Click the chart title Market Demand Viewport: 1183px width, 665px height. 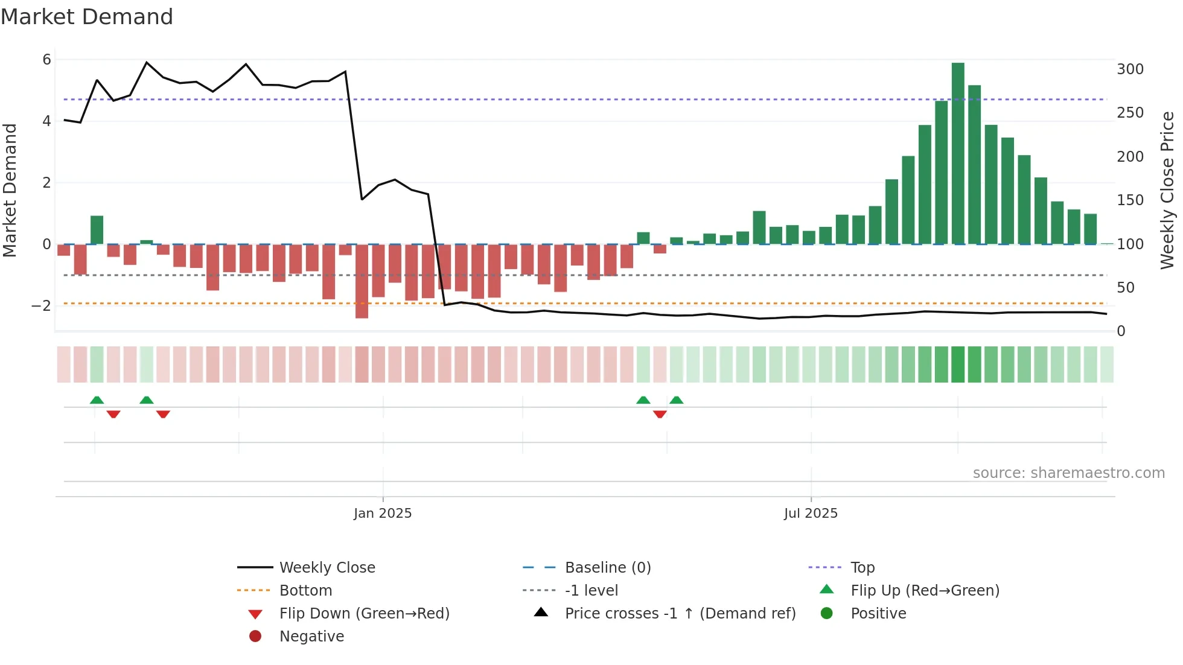pyautogui.click(x=87, y=17)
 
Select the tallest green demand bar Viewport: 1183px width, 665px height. pyautogui.click(x=958, y=153)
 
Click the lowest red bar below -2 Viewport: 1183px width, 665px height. pyautogui.click(x=362, y=281)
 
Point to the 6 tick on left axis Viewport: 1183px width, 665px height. pyautogui.click(x=46, y=59)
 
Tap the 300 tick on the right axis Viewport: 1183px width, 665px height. pyautogui.click(x=1130, y=69)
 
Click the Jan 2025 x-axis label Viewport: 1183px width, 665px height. pyautogui.click(x=383, y=514)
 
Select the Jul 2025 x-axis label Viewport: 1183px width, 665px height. pyautogui.click(x=811, y=514)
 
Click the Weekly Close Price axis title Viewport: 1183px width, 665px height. pyautogui.click(x=1167, y=190)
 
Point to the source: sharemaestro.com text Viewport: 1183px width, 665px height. pyautogui.click(x=1068, y=473)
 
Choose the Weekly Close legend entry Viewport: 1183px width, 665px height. pyautogui.click(x=327, y=568)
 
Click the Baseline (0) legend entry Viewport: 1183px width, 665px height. pyautogui.click(x=608, y=568)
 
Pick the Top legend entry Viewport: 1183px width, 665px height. pyautogui.click(x=863, y=568)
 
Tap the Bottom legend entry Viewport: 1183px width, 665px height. pyautogui.click(x=305, y=591)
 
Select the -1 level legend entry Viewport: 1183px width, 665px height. pyautogui.click(x=591, y=591)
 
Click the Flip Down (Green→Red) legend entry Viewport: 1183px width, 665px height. pyautogui.click(x=364, y=614)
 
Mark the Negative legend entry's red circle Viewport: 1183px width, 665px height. pyautogui.click(x=255, y=637)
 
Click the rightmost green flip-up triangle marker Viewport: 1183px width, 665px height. pyautogui.click(x=677, y=400)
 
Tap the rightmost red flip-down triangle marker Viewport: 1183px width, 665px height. pyautogui.click(x=660, y=414)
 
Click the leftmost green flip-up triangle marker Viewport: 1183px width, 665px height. pyautogui.click(x=97, y=400)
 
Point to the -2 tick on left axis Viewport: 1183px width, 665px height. pyautogui.click(x=41, y=306)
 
